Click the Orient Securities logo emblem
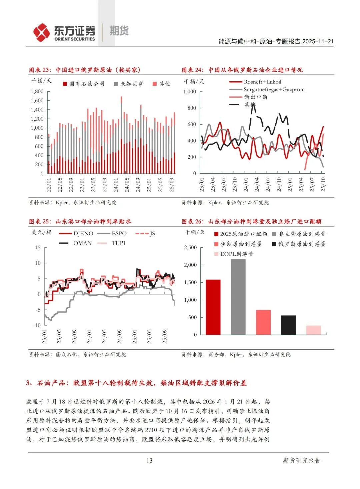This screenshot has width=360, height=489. point(41,32)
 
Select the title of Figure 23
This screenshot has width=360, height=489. point(85,70)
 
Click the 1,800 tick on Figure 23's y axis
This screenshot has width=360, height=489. point(37,91)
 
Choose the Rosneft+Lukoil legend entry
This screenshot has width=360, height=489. point(262,82)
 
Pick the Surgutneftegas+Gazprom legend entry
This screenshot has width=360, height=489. point(274,89)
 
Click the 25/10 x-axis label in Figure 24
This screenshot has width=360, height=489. point(323,184)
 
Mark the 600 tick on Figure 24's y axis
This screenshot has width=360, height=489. point(192,124)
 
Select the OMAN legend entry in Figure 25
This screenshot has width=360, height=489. point(82,243)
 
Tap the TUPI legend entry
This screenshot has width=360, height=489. point(118,243)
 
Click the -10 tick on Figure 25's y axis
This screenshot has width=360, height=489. point(37,325)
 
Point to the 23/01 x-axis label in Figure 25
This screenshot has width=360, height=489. point(45,336)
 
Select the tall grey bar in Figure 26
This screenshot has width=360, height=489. point(238,297)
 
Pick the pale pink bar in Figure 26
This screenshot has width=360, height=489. point(313,330)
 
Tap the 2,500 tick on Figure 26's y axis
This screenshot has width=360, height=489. point(190,247)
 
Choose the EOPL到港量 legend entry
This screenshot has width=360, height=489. point(237,254)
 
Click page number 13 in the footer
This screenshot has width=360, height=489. point(149,461)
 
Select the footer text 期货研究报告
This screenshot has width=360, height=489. point(302,461)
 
